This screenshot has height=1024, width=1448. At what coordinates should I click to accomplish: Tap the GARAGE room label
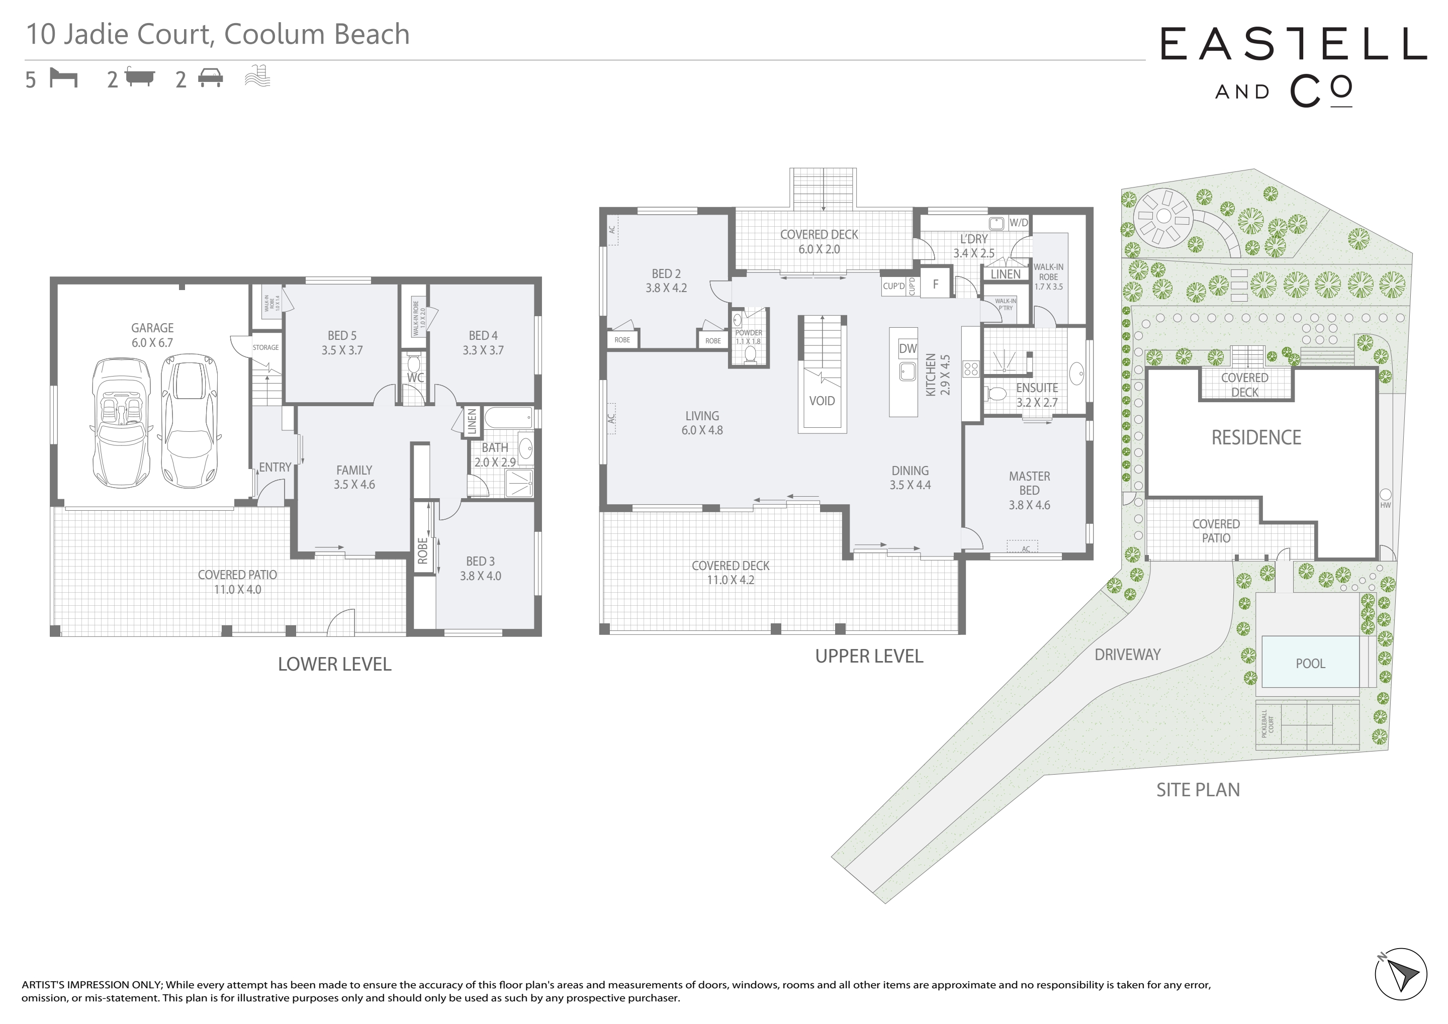coord(152,328)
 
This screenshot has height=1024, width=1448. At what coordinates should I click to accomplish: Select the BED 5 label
coord(342,335)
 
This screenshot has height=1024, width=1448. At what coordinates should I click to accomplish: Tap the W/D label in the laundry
coord(1019,223)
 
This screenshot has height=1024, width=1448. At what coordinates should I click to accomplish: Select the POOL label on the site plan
coord(1311,664)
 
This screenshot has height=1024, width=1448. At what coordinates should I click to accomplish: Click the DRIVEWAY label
coord(1128,655)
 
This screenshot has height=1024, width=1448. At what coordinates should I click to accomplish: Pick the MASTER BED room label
coord(1029,483)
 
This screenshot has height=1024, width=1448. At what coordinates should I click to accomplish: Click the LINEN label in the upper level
coord(1005,274)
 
